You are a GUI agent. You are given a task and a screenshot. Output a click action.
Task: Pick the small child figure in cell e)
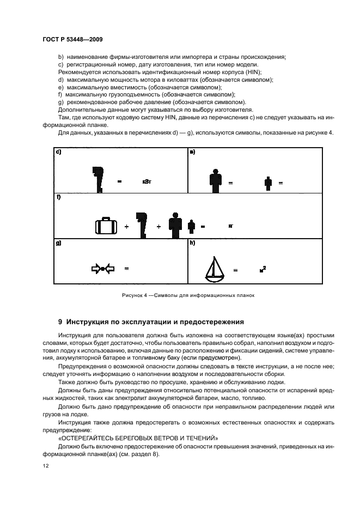[268, 183]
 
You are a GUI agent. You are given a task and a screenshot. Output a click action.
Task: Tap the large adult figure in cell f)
[175, 224]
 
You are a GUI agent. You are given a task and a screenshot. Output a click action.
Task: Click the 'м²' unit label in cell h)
[263, 269]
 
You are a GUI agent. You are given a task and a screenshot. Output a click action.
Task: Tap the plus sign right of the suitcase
[126, 226]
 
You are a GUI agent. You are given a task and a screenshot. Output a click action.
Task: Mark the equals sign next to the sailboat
[236, 270]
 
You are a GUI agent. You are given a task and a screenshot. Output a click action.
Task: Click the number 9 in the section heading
[60, 321]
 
